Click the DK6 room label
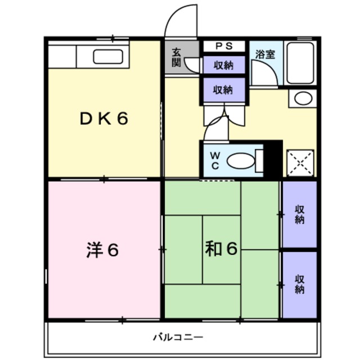103,119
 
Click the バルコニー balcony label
178,337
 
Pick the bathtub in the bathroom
299,63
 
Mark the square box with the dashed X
300,163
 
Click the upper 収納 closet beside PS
223,65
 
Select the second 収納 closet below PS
223,89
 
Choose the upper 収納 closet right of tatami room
299,214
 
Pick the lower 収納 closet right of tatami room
299,285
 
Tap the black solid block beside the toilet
273,158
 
